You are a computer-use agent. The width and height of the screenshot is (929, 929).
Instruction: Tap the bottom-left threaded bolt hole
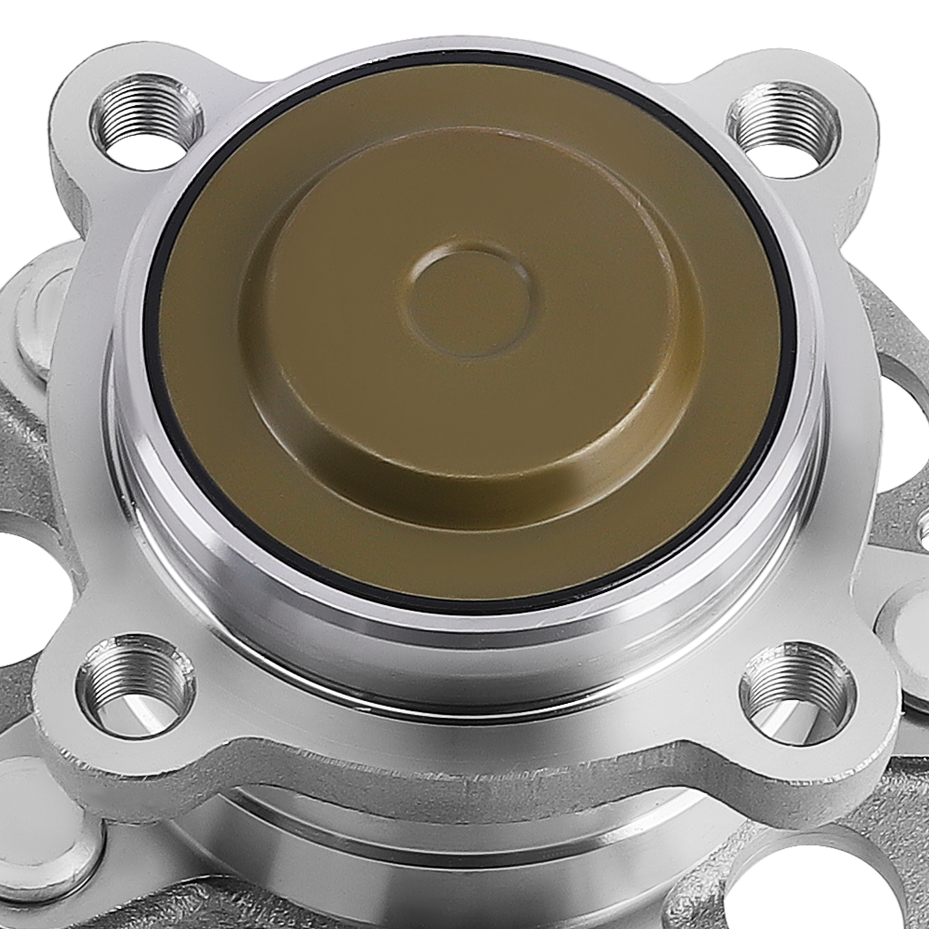tap(135, 685)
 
